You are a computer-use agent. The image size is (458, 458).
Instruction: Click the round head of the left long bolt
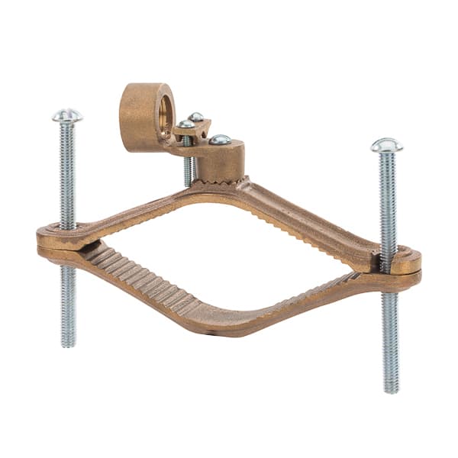click(67, 115)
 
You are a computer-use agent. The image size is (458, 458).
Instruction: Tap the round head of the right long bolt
click(387, 144)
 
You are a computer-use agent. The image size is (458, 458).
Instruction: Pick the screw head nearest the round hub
click(186, 124)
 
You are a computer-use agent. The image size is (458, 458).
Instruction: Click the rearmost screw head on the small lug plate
click(197, 117)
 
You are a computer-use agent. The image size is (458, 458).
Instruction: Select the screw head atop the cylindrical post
click(220, 140)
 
